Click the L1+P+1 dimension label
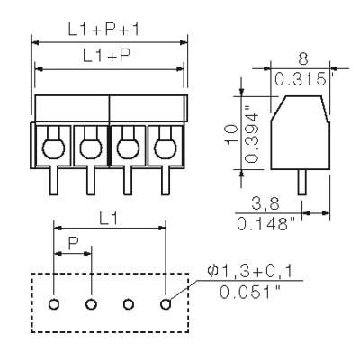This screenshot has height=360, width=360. point(109,30)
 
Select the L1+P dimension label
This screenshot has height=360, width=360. point(109,56)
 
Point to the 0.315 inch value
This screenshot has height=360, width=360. point(301,78)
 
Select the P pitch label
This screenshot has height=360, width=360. point(72,243)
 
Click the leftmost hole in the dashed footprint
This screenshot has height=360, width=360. point(54,303)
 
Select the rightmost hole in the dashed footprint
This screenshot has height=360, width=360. point(165,303)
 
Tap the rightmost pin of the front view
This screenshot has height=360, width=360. point(165,181)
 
